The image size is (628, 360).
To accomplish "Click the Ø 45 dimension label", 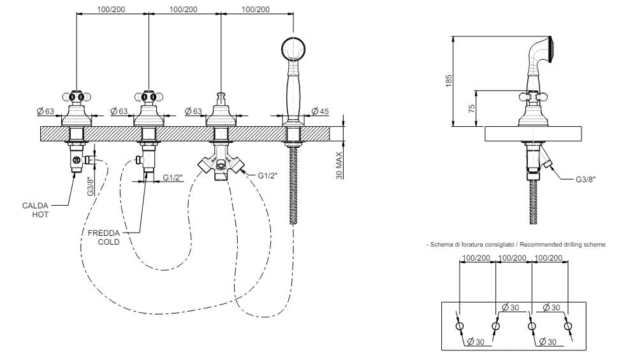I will [319, 112].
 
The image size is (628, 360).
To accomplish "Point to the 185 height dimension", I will [449, 80].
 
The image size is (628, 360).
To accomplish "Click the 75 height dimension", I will [472, 108].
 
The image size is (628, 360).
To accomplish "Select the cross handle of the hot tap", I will [77, 97].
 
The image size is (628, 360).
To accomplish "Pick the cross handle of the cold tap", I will [149, 97].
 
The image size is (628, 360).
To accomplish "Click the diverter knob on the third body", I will [221, 97].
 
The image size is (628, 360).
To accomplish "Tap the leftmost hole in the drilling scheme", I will [460, 326].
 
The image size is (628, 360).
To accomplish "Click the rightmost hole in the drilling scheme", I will [567, 326].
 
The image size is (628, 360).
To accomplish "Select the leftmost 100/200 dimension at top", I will [112, 10].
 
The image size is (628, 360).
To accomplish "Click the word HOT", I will [40, 214].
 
